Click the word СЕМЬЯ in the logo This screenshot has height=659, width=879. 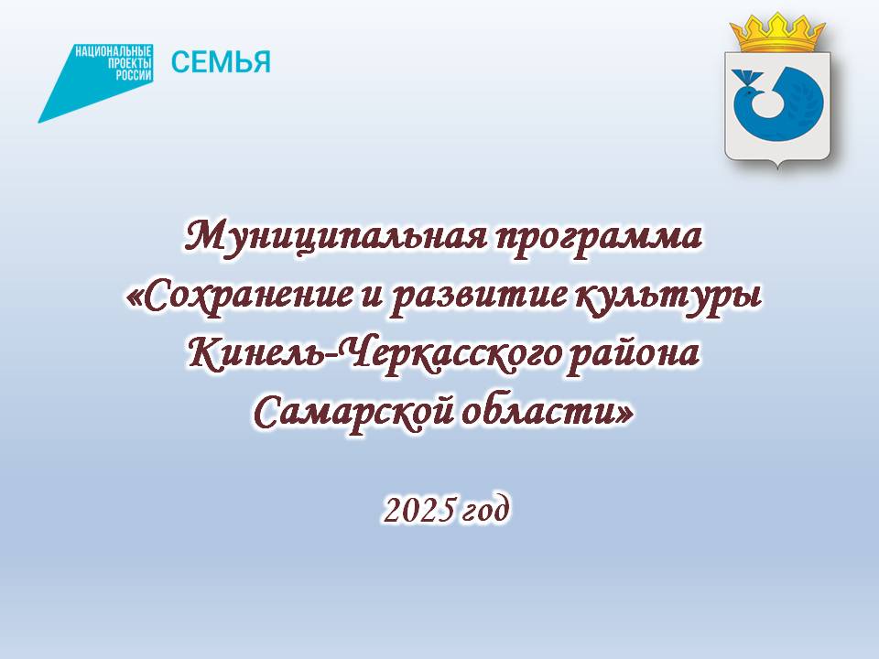pyautogui.click(x=221, y=61)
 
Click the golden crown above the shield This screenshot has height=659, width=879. pyautogui.click(x=777, y=33)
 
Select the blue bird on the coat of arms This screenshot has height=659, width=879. pyautogui.click(x=778, y=103)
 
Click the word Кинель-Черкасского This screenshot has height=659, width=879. pyautogui.click(x=374, y=355)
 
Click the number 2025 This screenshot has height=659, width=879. pyautogui.click(x=418, y=511)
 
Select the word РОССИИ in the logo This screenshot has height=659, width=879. pyautogui.click(x=134, y=75)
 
